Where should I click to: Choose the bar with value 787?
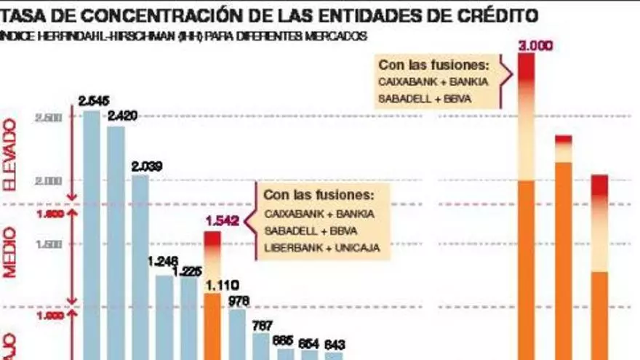tap(261, 345)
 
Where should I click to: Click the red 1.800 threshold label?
tap(47, 215)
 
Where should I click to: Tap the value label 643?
tap(334, 344)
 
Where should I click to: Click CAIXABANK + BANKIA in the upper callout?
tap(433, 81)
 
